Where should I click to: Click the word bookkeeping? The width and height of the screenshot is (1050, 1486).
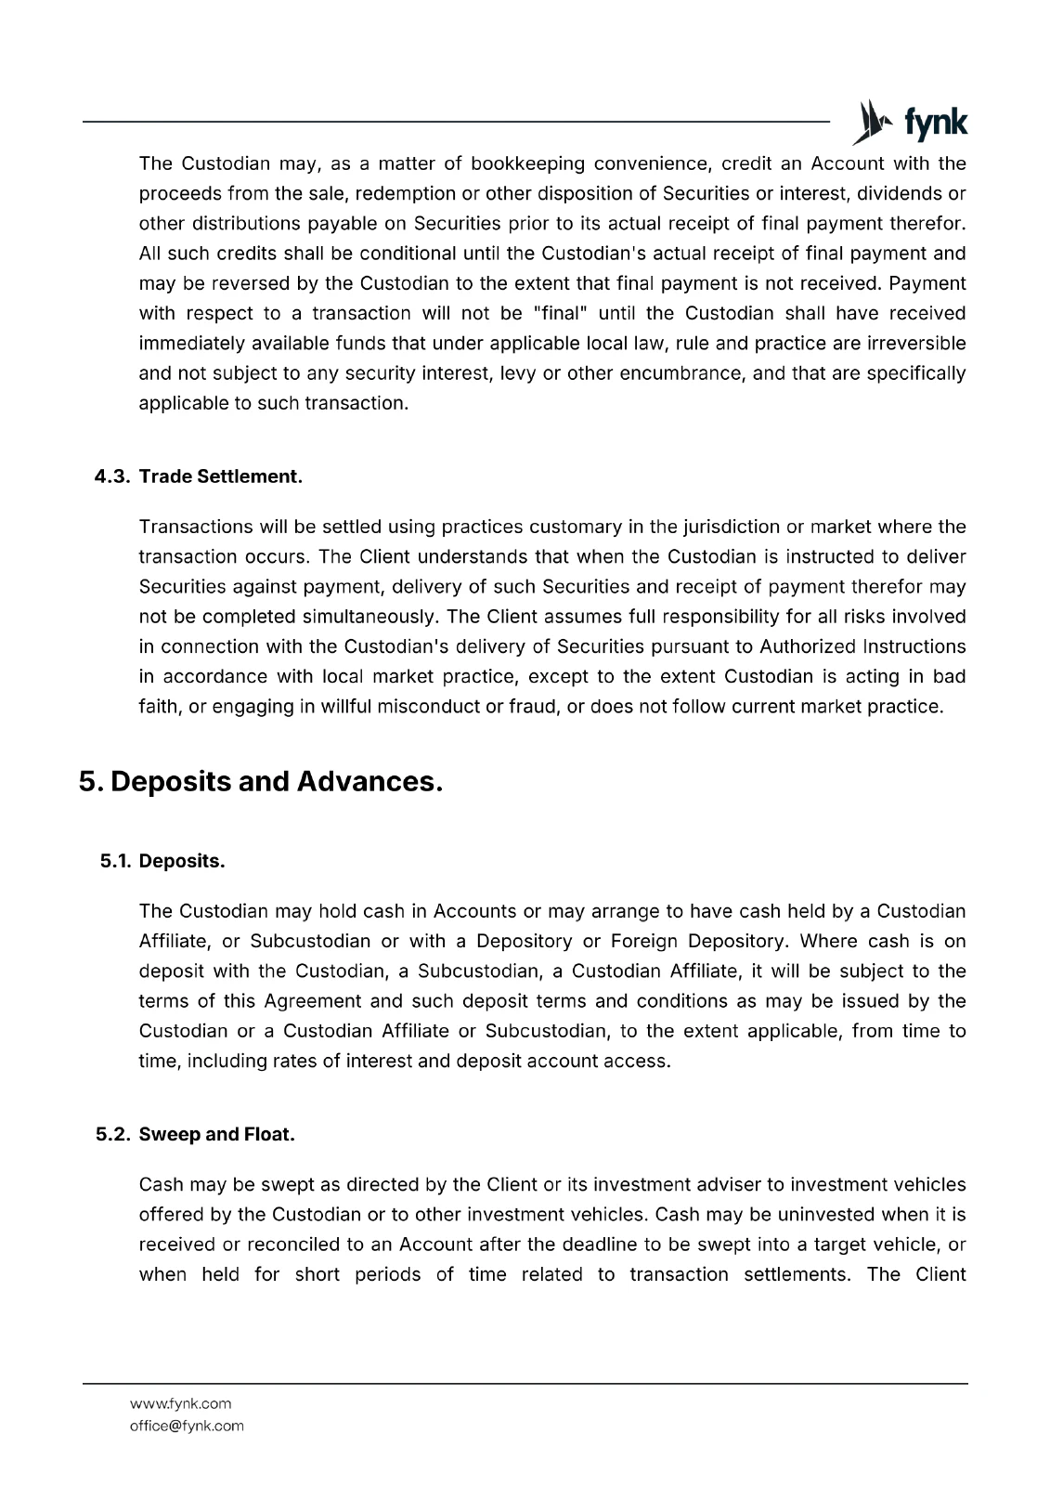(x=527, y=164)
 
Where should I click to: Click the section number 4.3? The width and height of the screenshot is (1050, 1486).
(x=112, y=476)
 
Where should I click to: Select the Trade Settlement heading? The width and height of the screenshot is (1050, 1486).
(x=221, y=476)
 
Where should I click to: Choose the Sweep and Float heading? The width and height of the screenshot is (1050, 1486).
(x=217, y=1135)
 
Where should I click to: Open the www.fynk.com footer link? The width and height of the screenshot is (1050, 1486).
(x=181, y=1403)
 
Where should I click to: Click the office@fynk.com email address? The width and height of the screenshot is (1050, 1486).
(x=188, y=1426)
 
